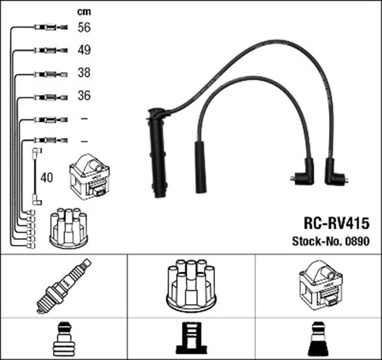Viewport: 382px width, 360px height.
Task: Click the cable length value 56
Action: coord(85,27)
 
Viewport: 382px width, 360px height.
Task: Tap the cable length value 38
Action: coord(85,73)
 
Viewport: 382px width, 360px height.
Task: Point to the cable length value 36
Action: coord(85,96)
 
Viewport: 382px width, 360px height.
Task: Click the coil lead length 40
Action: coord(47,178)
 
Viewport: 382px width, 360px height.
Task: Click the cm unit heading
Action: coord(84,11)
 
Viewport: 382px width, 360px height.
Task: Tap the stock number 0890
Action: coord(358,242)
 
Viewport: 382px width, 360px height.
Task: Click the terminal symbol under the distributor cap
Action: coord(191,339)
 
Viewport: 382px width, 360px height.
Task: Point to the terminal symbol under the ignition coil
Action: coord(318,339)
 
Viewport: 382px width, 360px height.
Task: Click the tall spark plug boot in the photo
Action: coord(158,153)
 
